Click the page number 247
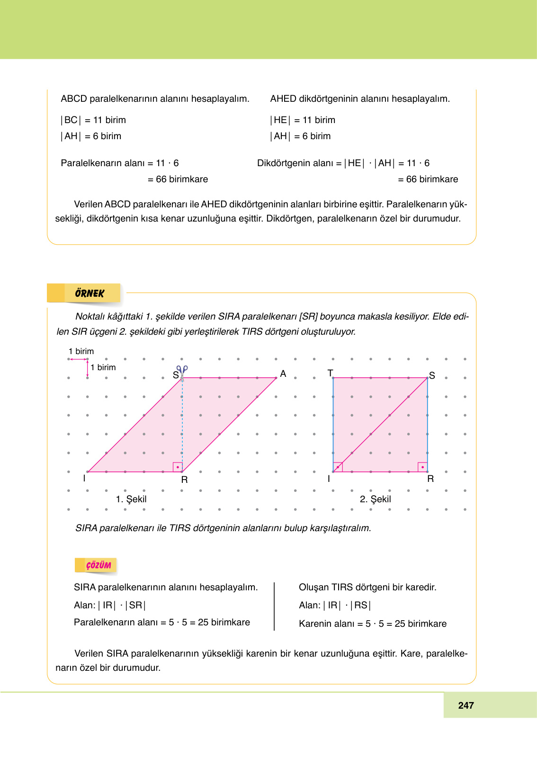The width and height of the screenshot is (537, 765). [x=466, y=705]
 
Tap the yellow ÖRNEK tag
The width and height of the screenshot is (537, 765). [x=89, y=294]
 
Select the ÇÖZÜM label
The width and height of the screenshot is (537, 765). [x=98, y=565]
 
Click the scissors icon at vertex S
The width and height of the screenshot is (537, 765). [x=182, y=370]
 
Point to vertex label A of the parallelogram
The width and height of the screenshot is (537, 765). [x=283, y=374]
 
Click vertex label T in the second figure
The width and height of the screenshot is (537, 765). [x=330, y=373]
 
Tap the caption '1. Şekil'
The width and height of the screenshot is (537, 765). [x=131, y=499]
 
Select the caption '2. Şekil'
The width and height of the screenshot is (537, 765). [x=375, y=499]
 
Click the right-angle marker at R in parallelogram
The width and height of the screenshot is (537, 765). [x=178, y=467]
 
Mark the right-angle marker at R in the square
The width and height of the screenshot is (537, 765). [x=422, y=467]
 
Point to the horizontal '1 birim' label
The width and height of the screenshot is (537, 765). [x=81, y=351]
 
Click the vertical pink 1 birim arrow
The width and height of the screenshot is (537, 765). [x=88, y=368]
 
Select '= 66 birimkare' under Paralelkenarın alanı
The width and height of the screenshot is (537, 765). [x=178, y=179]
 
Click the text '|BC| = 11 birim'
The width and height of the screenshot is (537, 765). [x=93, y=120]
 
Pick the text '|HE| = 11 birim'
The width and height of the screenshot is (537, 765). [x=303, y=120]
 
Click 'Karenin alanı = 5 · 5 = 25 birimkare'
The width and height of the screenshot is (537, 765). [x=373, y=624]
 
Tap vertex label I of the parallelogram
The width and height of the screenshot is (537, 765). [x=84, y=478]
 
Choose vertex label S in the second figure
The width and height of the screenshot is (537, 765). [x=432, y=375]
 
